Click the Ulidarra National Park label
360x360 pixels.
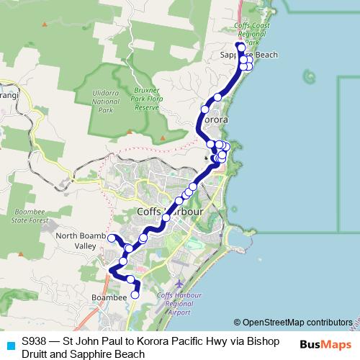(106, 102)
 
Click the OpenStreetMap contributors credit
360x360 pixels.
(292, 323)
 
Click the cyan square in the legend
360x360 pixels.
(8, 343)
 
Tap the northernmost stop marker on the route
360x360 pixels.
(240, 48)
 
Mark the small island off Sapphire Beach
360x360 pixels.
(309, 74)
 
